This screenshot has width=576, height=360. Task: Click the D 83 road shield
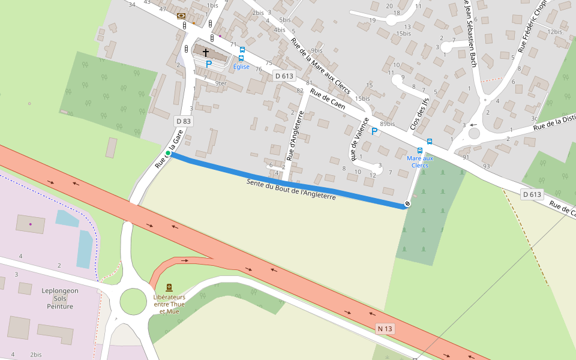click(184, 121)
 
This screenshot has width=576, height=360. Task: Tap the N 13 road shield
click(385, 329)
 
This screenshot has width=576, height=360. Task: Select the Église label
click(241, 67)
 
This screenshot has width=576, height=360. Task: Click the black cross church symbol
click(206, 53)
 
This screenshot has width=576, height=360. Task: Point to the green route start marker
click(168, 154)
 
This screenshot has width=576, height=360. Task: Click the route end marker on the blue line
click(407, 204)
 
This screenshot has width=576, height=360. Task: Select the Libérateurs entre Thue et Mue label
click(169, 304)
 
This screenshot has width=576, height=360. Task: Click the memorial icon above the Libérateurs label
click(169, 288)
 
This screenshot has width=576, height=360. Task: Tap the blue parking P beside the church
click(209, 64)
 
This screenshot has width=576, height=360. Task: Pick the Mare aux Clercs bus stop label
click(419, 161)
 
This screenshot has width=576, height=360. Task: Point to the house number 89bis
click(388, 124)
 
